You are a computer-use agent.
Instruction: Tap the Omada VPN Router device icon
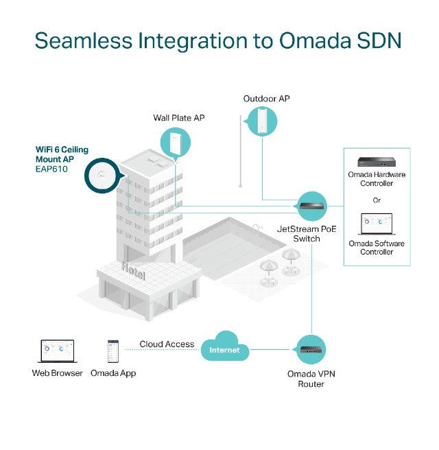[x=311, y=350]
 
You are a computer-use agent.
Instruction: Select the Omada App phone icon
[x=113, y=351]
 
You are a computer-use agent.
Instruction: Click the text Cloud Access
[x=167, y=344]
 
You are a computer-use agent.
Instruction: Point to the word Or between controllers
[x=377, y=201]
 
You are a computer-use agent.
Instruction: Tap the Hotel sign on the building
[x=133, y=270]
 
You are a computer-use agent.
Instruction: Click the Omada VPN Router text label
[x=311, y=379]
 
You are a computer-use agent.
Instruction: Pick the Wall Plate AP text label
[x=178, y=118]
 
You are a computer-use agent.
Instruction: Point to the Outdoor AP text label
[x=266, y=99]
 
